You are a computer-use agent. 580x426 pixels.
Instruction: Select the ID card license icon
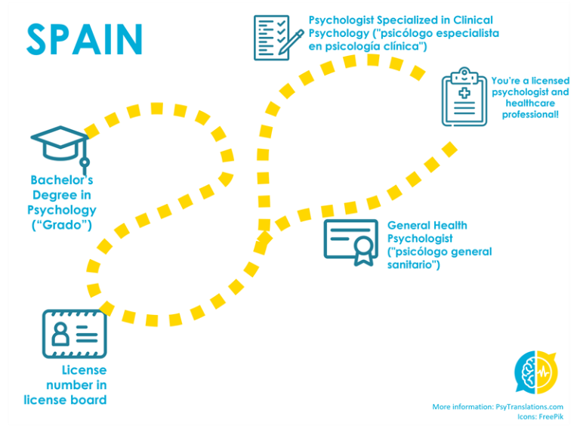74,333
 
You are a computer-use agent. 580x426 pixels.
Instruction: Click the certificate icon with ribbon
351,242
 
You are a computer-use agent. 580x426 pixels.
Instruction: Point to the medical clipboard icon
464,97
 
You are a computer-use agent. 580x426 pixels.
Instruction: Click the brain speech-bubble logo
536,372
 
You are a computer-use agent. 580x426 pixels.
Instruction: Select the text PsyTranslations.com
529,406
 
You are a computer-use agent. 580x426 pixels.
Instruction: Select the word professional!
530,115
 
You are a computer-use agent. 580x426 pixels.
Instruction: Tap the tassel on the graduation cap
85,162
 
